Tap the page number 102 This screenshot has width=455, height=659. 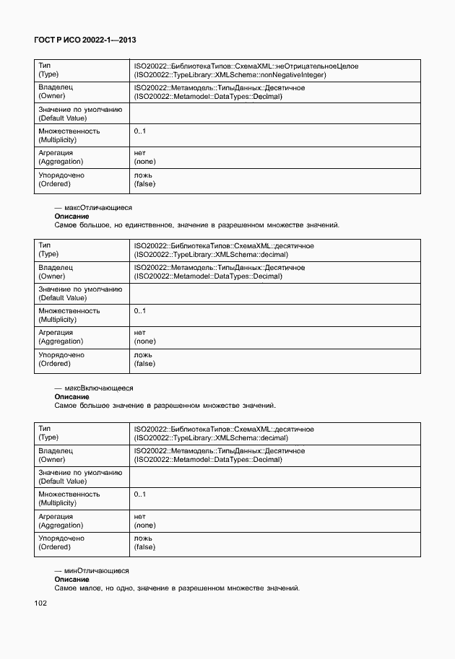40,603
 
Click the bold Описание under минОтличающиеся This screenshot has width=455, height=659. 71,580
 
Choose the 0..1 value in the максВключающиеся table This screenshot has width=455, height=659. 140,494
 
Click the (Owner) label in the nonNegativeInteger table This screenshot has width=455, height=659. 52,96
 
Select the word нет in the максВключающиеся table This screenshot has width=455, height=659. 139,517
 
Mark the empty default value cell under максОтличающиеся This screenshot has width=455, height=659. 274,293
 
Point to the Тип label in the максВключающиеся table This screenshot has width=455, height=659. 45,429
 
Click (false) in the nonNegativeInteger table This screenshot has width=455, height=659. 144,184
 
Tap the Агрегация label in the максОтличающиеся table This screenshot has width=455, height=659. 56,333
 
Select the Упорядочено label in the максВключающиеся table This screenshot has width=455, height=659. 61,538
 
